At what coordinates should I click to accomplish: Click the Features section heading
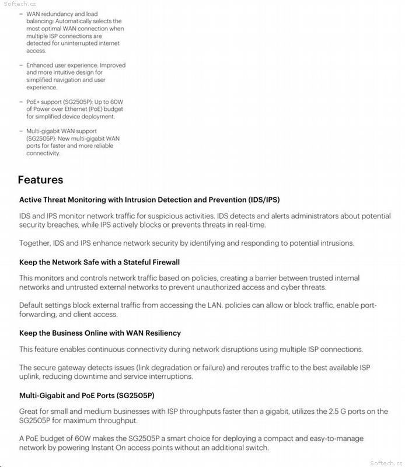click(40, 180)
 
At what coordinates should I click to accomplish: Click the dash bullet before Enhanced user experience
click(22, 65)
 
